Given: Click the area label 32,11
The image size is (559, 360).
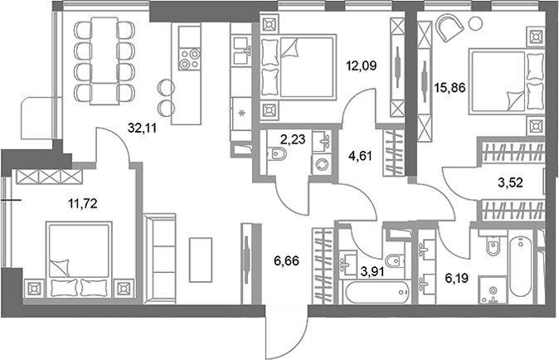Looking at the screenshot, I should [x=143, y=128].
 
